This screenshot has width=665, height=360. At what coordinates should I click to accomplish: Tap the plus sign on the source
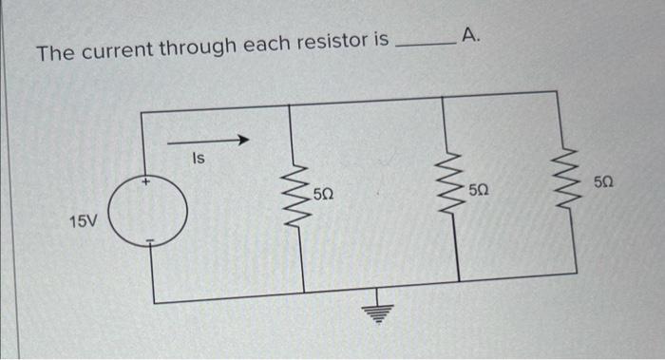(x=146, y=180)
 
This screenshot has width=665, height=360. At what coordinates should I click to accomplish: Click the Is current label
(x=199, y=159)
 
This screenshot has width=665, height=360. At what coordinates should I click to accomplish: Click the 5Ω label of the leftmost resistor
(x=323, y=196)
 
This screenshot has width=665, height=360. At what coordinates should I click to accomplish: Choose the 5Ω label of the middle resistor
(x=479, y=191)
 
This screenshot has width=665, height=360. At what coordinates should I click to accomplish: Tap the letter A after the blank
(x=473, y=37)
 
